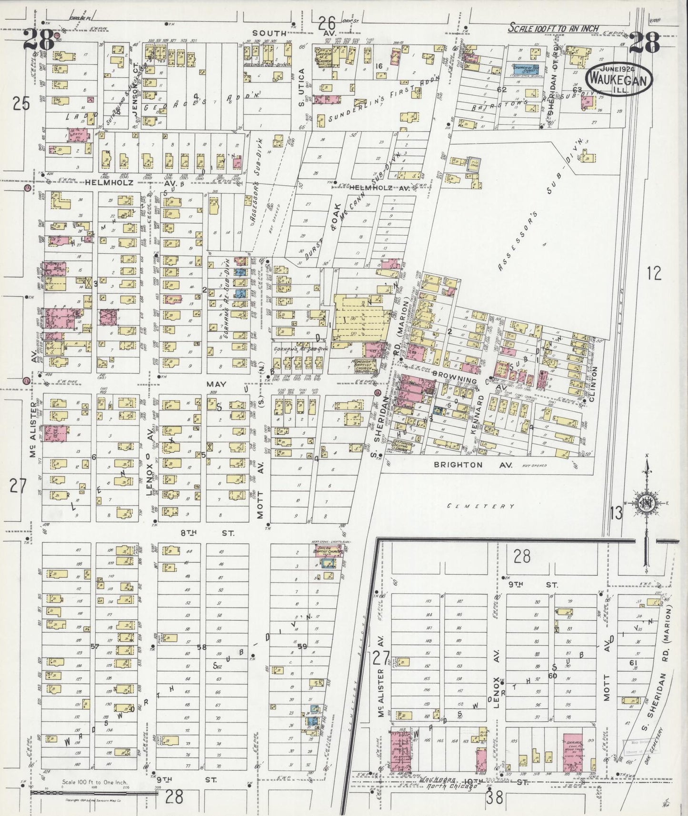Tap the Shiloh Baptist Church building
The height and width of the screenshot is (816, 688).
point(327,552)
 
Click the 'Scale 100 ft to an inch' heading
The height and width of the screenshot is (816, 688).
point(553,29)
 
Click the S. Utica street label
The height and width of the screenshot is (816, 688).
point(301,89)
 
